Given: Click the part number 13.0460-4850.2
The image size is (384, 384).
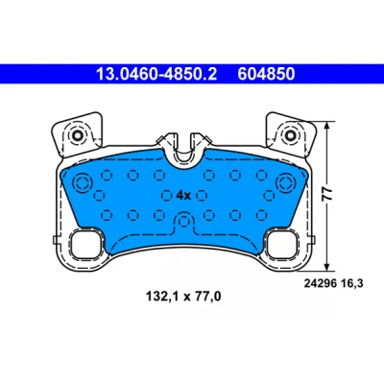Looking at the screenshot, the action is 156,74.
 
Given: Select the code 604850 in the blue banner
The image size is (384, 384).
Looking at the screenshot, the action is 266,74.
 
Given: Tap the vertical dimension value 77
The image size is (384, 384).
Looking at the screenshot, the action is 327,194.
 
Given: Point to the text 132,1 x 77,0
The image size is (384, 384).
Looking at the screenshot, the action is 183,297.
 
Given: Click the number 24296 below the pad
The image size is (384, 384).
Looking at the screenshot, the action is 320,283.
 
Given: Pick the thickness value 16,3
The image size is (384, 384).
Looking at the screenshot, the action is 351,283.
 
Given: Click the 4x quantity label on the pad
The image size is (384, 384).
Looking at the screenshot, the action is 183,195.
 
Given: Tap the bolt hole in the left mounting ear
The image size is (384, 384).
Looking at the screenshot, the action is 78,135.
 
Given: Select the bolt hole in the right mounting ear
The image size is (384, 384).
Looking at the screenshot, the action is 289,135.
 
